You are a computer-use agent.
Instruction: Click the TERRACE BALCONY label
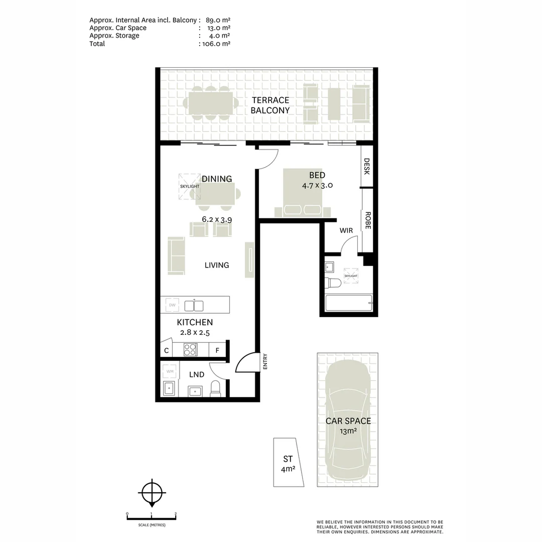(x=270, y=105)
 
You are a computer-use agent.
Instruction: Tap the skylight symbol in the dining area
(x=189, y=186)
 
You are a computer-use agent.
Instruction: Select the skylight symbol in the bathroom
(x=351, y=276)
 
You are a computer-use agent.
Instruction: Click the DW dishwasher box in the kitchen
(x=172, y=305)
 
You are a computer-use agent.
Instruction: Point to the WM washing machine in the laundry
(x=170, y=371)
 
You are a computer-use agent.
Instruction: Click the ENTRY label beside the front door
(x=264, y=362)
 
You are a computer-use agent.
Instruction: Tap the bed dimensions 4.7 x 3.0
(x=317, y=185)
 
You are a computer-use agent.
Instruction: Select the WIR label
(x=346, y=230)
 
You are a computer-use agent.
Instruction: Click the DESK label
(x=367, y=167)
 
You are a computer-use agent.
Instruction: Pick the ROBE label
(x=367, y=220)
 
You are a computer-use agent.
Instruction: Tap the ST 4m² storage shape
(x=288, y=463)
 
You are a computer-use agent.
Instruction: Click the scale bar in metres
(x=151, y=515)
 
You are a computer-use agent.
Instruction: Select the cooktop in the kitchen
(x=190, y=349)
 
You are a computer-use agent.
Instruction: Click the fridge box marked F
(x=217, y=350)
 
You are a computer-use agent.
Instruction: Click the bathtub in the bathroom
(x=348, y=304)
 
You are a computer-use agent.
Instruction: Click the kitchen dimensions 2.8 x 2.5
(x=195, y=332)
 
